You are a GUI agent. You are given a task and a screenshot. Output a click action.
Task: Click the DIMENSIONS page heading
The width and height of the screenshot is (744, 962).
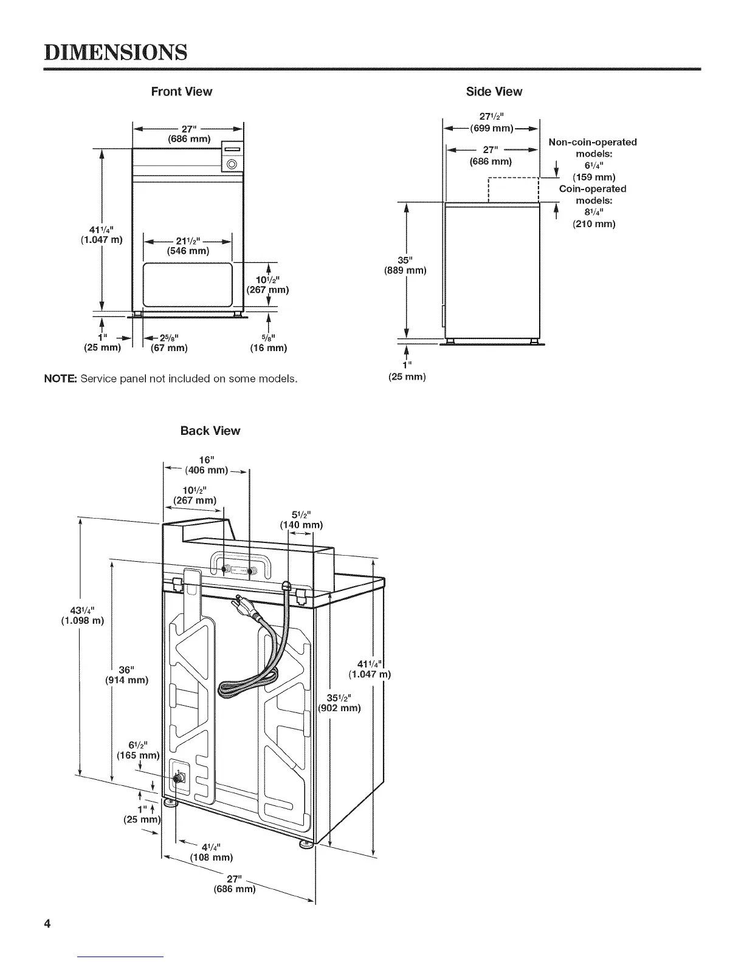pos(114,52)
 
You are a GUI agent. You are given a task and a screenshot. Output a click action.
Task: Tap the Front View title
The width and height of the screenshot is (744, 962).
pos(181,92)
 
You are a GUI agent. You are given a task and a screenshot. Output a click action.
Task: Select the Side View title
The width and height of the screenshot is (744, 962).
pos(494,92)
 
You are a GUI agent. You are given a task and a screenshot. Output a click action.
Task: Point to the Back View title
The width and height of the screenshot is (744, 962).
pos(210,431)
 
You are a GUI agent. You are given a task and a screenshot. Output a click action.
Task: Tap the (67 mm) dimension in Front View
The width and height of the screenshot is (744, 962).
pos(168,348)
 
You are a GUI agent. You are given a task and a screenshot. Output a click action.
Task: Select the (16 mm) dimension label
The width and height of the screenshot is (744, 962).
pos(268,348)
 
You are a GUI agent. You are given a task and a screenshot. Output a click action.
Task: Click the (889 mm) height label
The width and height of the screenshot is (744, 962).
pos(405,270)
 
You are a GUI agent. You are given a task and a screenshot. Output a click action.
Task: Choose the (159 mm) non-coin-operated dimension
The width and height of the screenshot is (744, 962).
pos(594,177)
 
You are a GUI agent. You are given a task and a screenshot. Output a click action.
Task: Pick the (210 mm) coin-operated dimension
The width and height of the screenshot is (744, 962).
pos(594,224)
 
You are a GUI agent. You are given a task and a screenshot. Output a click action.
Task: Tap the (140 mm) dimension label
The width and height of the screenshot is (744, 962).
pos(300,525)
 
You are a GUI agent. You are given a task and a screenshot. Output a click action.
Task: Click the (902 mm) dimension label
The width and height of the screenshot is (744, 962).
pos(340,708)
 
